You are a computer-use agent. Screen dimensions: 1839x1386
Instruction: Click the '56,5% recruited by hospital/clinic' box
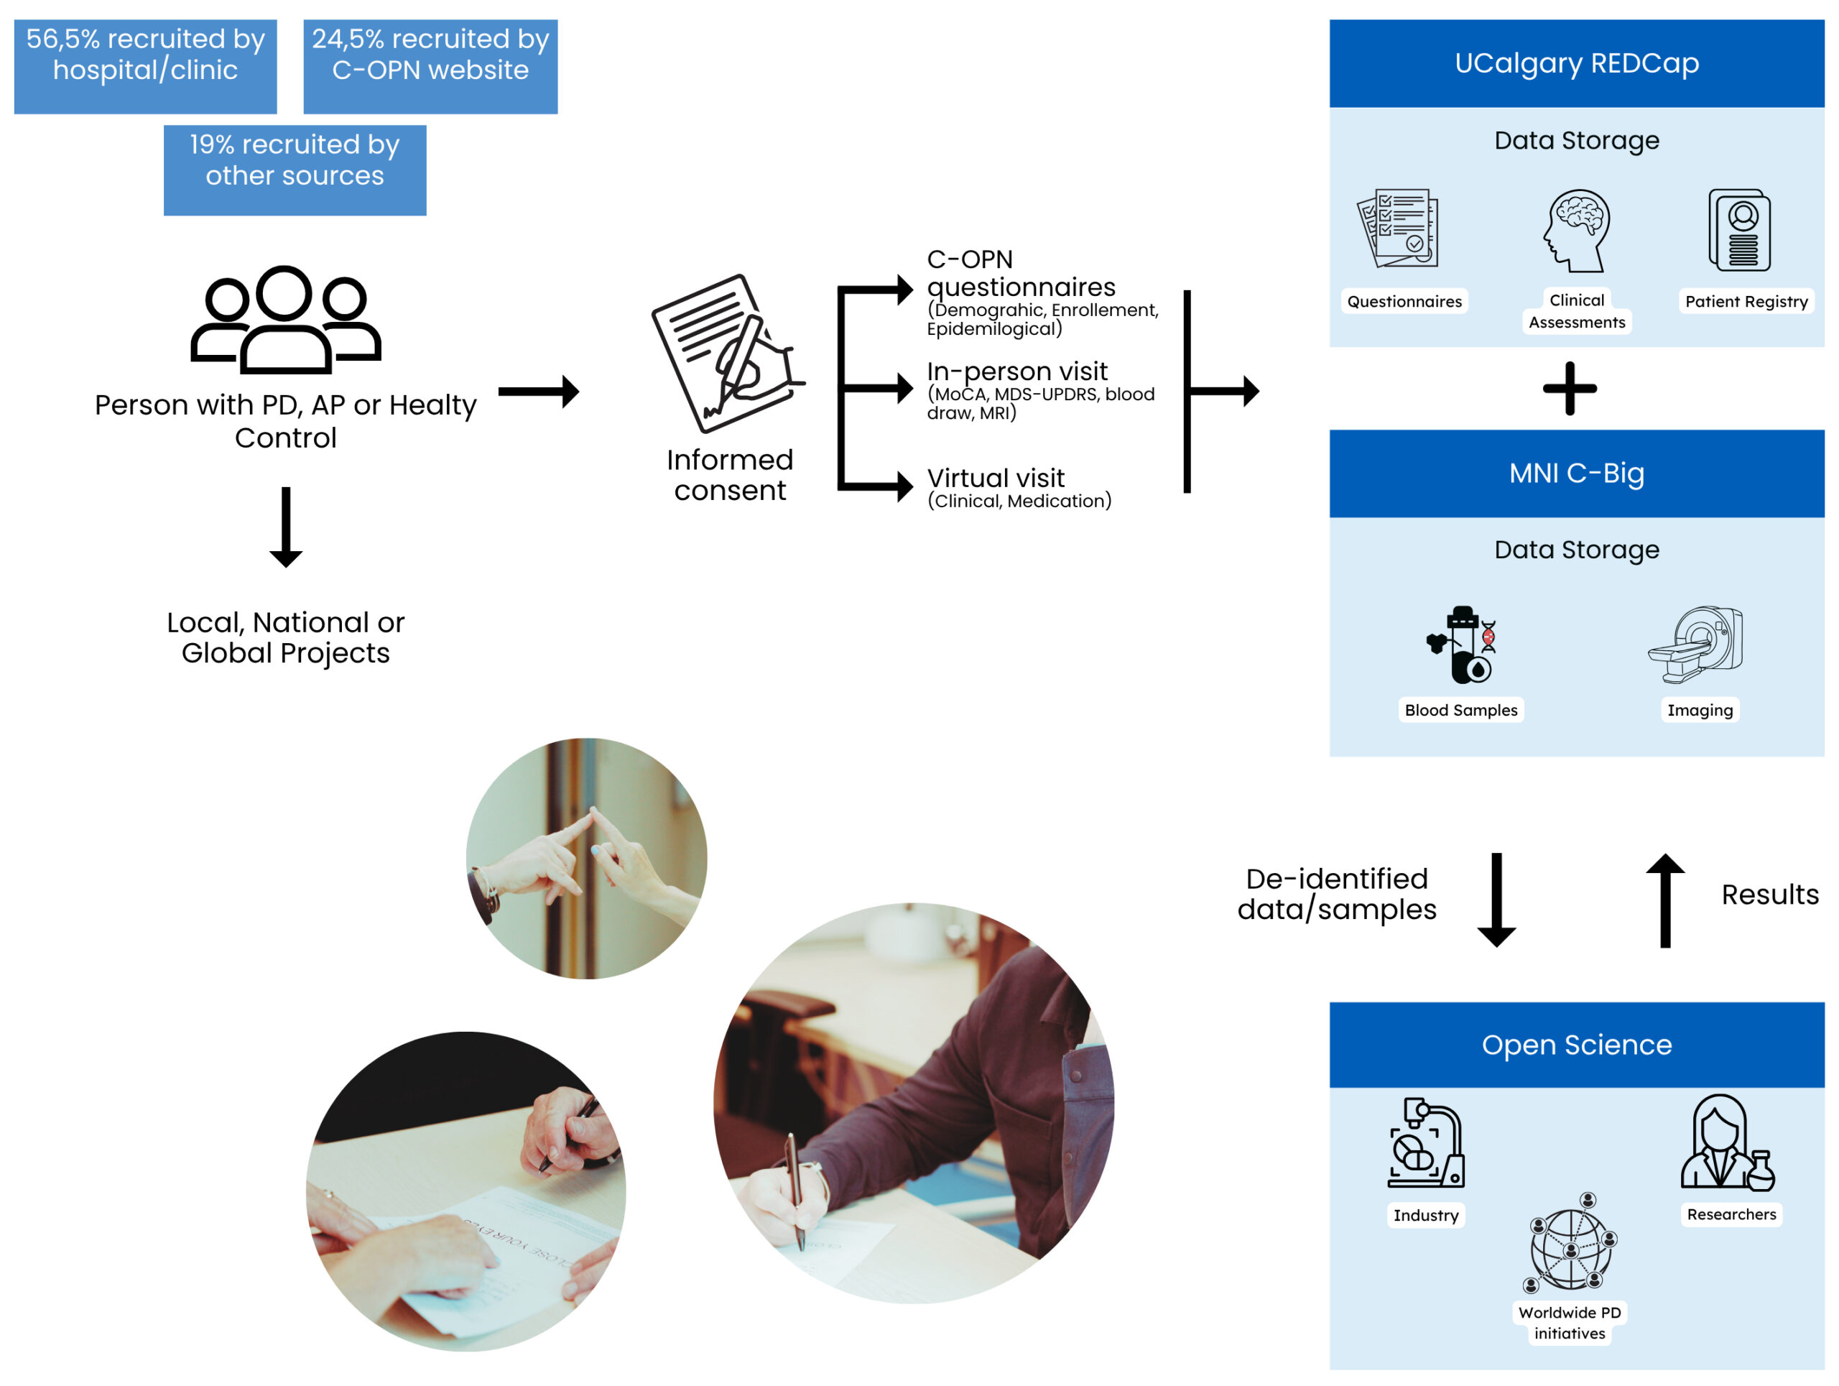pyautogui.click(x=146, y=67)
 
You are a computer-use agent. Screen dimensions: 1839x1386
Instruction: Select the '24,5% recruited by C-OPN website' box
pyautogui.click(x=430, y=67)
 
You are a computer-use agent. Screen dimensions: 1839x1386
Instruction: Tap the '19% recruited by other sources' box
pyautogui.click(x=295, y=170)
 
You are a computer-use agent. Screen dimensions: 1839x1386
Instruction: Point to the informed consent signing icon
pyautogui.click(x=728, y=354)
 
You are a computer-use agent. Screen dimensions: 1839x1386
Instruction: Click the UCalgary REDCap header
pyautogui.click(x=1577, y=64)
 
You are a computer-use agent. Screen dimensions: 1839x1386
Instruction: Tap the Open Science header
pyautogui.click(x=1577, y=1045)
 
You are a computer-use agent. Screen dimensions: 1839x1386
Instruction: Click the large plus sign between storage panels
pyautogui.click(x=1570, y=388)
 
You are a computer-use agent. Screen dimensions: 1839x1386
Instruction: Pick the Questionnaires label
pyautogui.click(x=1405, y=301)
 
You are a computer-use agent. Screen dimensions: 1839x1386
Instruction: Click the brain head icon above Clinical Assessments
pyautogui.click(x=1577, y=231)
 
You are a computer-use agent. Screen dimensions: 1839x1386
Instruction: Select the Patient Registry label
pyautogui.click(x=1747, y=301)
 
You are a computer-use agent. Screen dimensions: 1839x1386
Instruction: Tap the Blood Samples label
pyautogui.click(x=1462, y=710)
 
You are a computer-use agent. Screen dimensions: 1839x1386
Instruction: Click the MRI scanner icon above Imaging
pyautogui.click(x=1696, y=645)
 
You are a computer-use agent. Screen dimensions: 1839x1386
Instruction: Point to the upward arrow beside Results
pyautogui.click(x=1665, y=900)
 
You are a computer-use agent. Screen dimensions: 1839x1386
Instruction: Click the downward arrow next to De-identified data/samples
pyautogui.click(x=1497, y=900)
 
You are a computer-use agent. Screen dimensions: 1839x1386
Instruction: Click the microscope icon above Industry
pyautogui.click(x=1426, y=1142)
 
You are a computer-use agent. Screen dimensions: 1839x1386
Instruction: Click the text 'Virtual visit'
pyautogui.click(x=996, y=478)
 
